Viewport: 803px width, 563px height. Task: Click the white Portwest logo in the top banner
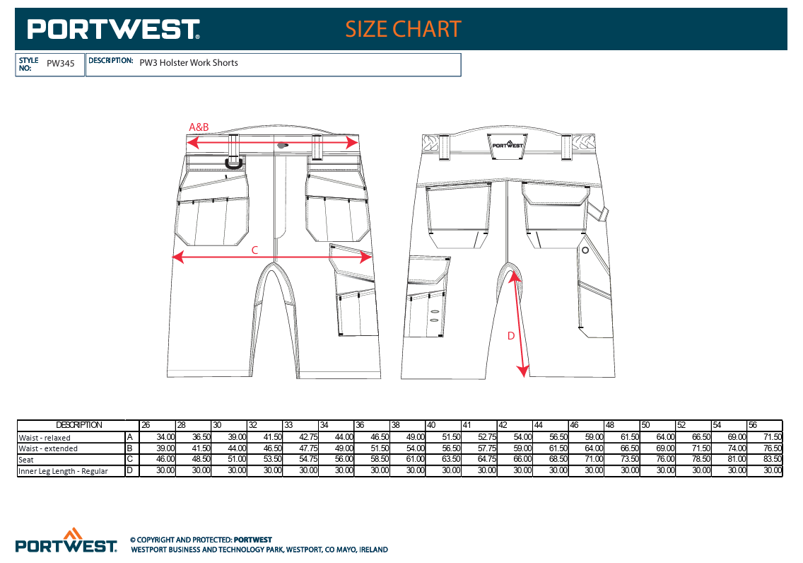(x=113, y=29)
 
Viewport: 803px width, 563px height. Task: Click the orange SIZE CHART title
(x=403, y=29)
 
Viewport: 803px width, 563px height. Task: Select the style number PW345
(x=60, y=64)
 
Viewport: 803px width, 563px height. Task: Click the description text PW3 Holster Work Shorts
(x=189, y=62)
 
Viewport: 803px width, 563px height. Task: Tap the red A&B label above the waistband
(x=199, y=127)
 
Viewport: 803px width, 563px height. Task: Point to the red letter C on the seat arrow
(x=254, y=250)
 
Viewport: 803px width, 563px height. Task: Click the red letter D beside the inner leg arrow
(x=510, y=336)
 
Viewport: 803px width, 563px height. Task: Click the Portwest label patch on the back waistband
(x=508, y=146)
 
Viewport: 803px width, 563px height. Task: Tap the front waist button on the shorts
(x=281, y=146)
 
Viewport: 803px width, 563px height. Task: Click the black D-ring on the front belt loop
(x=235, y=163)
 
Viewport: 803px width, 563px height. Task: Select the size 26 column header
(x=146, y=425)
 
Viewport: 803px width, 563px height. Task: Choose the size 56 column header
(x=753, y=425)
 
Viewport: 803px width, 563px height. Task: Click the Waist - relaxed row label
(x=45, y=438)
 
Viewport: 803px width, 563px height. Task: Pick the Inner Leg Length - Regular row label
(x=63, y=471)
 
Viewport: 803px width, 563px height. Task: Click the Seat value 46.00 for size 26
(x=165, y=460)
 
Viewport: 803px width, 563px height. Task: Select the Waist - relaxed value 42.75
(x=308, y=438)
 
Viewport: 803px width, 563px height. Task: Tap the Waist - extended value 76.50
(x=773, y=448)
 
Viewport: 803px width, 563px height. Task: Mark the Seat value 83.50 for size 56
(x=773, y=460)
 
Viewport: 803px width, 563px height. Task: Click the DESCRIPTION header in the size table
(x=79, y=425)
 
